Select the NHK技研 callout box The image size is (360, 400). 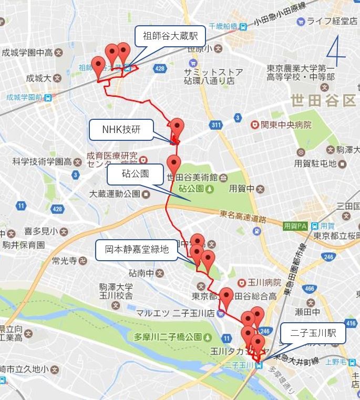click(x=121, y=130)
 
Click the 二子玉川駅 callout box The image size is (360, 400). click(x=313, y=333)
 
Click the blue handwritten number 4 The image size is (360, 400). click(x=335, y=49)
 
